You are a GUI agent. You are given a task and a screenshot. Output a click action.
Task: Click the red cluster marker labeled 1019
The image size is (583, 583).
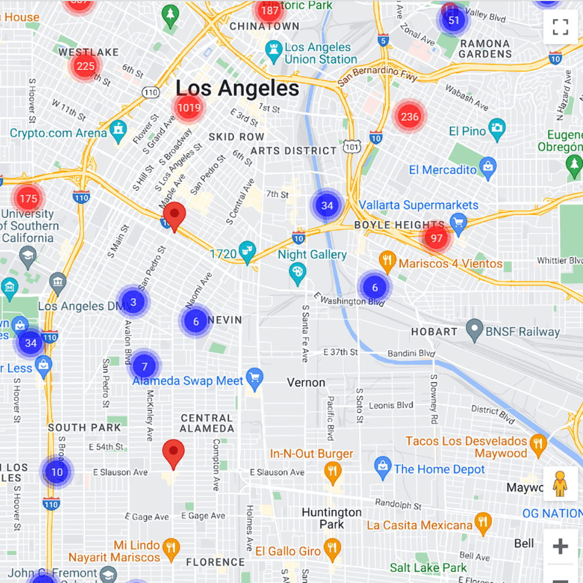(x=188, y=107)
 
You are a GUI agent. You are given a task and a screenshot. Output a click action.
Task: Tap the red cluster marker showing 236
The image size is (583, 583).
(x=410, y=116)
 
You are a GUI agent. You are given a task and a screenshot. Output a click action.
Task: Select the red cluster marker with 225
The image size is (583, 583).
(x=86, y=66)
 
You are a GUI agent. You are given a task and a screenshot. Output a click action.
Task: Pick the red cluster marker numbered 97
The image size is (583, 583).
(x=437, y=238)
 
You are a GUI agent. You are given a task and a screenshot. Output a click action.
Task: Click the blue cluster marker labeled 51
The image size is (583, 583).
(x=454, y=20)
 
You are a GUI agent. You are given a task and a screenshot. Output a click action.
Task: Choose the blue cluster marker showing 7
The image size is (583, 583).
(x=145, y=366)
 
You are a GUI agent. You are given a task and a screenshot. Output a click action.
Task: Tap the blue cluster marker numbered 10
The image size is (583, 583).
(x=57, y=472)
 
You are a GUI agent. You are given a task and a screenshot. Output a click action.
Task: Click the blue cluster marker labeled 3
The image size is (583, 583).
(x=133, y=302)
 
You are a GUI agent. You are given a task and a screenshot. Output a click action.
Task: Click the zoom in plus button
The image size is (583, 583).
(x=560, y=546)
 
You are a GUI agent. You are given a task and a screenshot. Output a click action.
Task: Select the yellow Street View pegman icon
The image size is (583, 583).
(x=560, y=483)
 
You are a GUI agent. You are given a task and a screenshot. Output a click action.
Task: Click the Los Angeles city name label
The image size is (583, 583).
(x=237, y=88)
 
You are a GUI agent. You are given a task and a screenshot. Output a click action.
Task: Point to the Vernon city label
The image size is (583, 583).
(x=306, y=383)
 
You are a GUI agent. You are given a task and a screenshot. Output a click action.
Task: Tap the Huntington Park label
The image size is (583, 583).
(x=331, y=518)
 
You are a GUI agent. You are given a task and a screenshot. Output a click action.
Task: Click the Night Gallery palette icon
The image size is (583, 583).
(x=297, y=273)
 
